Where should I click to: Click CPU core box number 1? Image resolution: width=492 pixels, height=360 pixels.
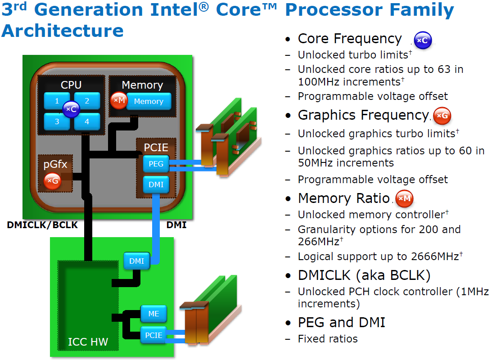click(56, 101)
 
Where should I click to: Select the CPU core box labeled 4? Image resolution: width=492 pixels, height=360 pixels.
click(87, 121)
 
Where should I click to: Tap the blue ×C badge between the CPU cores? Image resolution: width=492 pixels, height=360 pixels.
click(71, 109)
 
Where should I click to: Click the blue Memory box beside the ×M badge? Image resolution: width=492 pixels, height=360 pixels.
click(149, 101)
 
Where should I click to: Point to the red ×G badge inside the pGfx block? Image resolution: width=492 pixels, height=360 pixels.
click(52, 180)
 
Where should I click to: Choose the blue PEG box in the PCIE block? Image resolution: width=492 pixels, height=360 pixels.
click(156, 164)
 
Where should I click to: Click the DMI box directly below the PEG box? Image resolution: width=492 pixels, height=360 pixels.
click(156, 184)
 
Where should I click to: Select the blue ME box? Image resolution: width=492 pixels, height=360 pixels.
click(153, 314)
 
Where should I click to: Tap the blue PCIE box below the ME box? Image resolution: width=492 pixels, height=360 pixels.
click(153, 335)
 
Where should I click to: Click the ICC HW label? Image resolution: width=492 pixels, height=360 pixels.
click(88, 342)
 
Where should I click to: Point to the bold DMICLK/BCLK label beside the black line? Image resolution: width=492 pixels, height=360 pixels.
click(42, 225)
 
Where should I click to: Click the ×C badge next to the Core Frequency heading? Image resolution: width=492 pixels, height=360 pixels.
click(423, 40)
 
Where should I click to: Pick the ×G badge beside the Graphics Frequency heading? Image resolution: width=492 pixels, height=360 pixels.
click(442, 116)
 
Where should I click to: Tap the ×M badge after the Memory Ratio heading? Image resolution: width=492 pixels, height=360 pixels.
click(405, 198)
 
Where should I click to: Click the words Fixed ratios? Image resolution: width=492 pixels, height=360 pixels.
click(328, 339)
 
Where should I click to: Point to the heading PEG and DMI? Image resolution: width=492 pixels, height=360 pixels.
click(341, 322)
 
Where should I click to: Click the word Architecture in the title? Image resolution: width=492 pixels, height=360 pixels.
click(63, 31)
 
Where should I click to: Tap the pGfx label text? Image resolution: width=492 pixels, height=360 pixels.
click(55, 164)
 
